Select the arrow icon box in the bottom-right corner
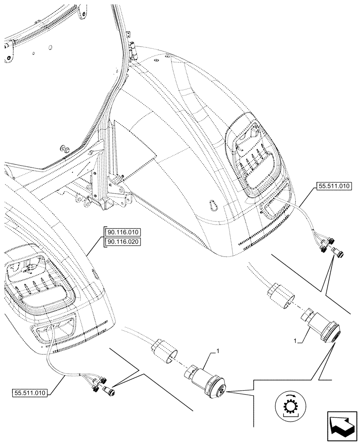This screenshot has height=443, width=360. (x=341, y=424)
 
